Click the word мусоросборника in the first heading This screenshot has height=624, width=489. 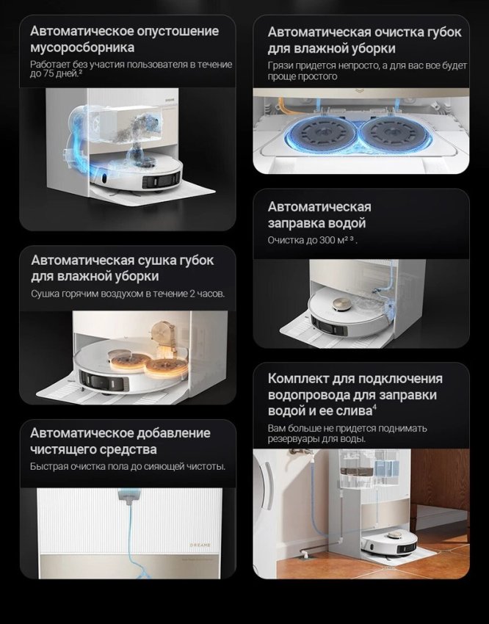pyautogui.click(x=82, y=48)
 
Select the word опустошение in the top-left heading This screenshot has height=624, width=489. pyautogui.click(x=178, y=32)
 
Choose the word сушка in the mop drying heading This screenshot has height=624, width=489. pyautogui.click(x=157, y=261)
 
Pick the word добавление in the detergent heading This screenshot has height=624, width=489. pyautogui.click(x=173, y=433)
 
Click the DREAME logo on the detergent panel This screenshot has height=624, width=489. pyautogui.click(x=200, y=545)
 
